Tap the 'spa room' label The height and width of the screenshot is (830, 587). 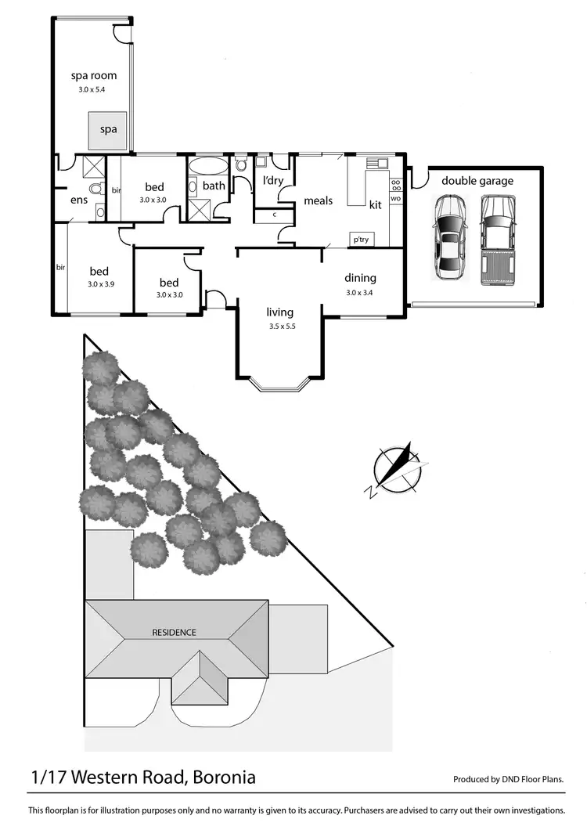[x=93, y=77]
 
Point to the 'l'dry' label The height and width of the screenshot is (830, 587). [x=273, y=181]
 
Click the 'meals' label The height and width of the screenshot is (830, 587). [x=319, y=201]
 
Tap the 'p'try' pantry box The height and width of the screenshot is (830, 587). [x=361, y=240]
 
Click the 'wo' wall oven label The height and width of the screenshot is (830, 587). [x=395, y=199]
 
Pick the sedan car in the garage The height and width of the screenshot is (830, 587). [x=448, y=238]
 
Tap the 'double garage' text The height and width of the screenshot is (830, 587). [x=477, y=181]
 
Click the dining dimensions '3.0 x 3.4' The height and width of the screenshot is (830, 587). [x=360, y=293]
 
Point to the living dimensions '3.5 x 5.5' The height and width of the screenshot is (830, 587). [x=280, y=327]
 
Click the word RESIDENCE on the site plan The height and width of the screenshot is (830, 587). [x=174, y=632]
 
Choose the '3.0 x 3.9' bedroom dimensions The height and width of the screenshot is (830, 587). [x=101, y=284]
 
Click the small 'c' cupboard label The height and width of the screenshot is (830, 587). [x=275, y=214]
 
